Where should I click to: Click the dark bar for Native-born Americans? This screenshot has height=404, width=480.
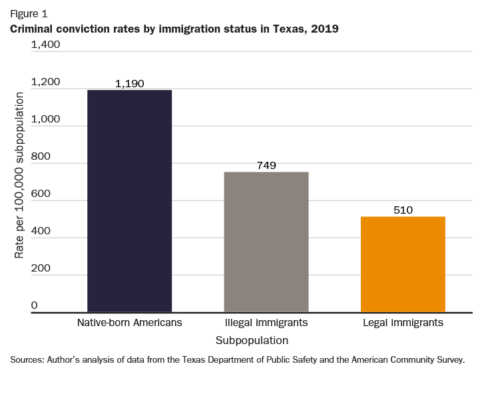(x=130, y=200)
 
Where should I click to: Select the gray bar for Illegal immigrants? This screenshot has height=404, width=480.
(x=266, y=242)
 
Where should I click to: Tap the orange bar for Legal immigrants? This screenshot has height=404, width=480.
(x=403, y=264)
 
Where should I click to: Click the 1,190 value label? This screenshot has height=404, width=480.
(x=129, y=84)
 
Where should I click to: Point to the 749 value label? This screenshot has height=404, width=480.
(x=266, y=166)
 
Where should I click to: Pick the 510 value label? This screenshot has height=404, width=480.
(x=403, y=210)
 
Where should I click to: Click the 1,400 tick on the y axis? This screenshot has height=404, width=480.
(x=45, y=45)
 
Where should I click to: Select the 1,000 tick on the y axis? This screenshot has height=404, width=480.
(x=45, y=119)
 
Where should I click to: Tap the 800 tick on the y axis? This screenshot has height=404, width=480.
(x=41, y=156)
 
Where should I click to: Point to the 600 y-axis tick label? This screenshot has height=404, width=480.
(x=41, y=194)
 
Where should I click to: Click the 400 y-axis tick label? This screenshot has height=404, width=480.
(x=41, y=231)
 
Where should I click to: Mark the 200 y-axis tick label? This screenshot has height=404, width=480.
(x=41, y=268)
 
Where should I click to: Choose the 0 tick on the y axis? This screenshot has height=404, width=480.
(x=34, y=305)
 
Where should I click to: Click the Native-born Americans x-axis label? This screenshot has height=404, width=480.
(x=130, y=323)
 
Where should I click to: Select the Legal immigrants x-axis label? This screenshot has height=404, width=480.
(x=403, y=323)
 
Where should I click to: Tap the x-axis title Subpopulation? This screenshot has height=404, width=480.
(x=252, y=340)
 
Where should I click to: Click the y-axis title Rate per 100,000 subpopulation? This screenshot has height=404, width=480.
(x=19, y=176)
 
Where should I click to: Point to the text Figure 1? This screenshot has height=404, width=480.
(x=28, y=13)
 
